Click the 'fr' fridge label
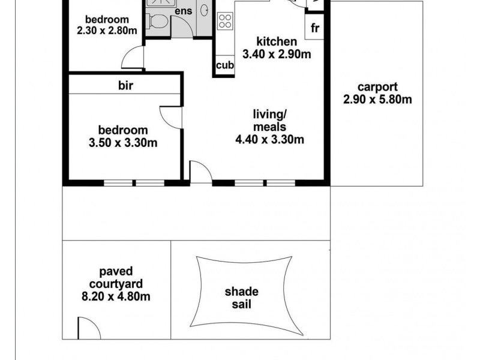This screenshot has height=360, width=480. coord(314,28)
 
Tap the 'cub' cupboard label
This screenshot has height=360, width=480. coord(225,65)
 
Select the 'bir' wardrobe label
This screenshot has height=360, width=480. coord(125,85)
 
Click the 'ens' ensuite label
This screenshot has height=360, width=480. coord(184,11)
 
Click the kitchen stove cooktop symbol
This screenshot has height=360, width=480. coord(225,21)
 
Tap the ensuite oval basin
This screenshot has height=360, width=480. coord(204,10)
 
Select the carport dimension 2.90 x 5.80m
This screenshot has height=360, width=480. coord(377,100)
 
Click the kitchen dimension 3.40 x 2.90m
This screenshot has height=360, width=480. coord(277,54)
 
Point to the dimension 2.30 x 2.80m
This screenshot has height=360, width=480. coord(107,31)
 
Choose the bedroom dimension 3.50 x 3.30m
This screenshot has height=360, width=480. coord(123,143)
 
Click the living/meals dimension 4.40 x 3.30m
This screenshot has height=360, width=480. coord(269,139)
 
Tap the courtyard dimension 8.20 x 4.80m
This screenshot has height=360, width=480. coord(116,296)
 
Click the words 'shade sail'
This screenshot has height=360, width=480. coord(242,298)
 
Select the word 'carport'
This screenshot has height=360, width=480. coord(377,87)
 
